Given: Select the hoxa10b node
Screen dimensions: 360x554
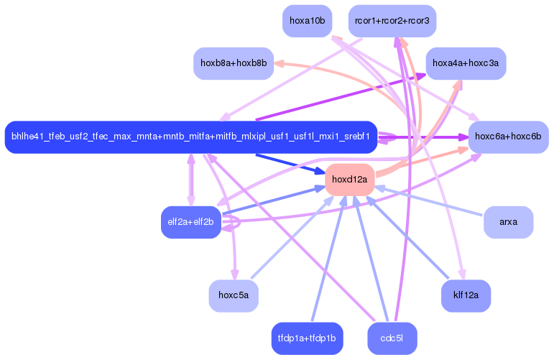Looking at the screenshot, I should coord(307,21).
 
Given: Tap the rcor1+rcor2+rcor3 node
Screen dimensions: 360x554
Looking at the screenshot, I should coord(392,21).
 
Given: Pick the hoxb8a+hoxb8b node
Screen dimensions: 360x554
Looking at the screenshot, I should coord(234,63).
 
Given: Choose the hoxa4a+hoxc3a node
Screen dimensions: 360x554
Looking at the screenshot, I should coord(466,63).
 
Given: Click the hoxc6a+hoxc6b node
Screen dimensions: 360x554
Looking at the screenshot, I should coord(508,137).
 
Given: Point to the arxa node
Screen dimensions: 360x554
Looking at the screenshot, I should coord(508,222).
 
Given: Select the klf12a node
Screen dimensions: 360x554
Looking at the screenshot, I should coord(466,295).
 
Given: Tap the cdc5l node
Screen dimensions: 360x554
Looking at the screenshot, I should coord(392,338).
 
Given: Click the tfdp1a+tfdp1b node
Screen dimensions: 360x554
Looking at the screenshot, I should coord(307,338).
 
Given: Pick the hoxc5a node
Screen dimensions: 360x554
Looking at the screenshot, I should coord(234,295).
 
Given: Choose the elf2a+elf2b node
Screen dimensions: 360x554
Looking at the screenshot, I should coord(190,222).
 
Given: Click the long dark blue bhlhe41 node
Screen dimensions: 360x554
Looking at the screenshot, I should coord(190,137).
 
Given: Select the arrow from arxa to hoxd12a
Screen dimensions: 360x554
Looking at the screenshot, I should coord(431,201).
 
